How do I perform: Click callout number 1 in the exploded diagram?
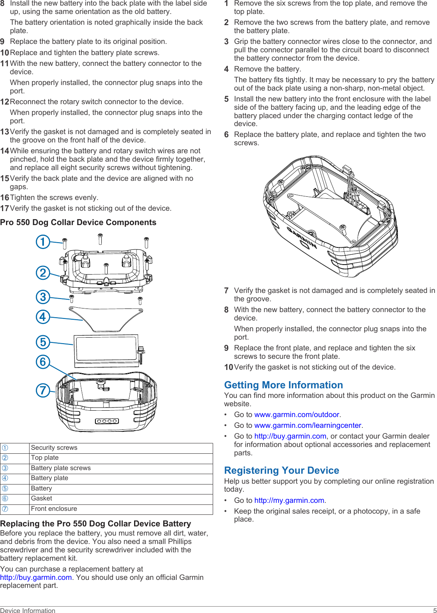tap(43, 242)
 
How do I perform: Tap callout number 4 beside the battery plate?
tap(43, 317)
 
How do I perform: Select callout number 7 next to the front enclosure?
tap(43, 390)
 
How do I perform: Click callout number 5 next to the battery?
tap(43, 342)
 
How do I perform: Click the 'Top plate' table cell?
tap(45, 458)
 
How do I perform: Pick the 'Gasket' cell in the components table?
tap(42, 498)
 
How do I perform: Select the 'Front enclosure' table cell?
tap(54, 509)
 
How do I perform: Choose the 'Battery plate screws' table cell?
tap(61, 468)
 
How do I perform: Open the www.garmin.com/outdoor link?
tap(297, 415)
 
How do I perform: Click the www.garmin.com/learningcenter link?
tap(308, 425)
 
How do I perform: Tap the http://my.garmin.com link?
tap(289, 500)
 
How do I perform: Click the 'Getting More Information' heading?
tap(283, 385)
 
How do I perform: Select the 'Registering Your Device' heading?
tap(281, 471)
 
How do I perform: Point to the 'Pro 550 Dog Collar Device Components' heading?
tap(78, 223)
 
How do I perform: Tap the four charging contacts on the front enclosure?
tap(107, 421)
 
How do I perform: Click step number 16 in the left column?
tap(4, 198)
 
